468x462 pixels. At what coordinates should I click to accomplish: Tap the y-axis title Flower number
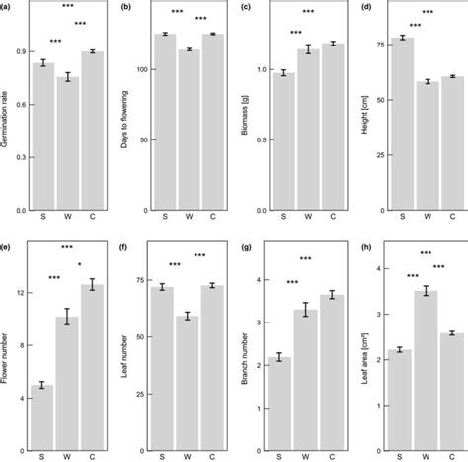pos(8,351)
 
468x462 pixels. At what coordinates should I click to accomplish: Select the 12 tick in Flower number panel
pos(19,292)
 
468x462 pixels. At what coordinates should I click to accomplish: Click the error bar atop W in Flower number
pos(66,317)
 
